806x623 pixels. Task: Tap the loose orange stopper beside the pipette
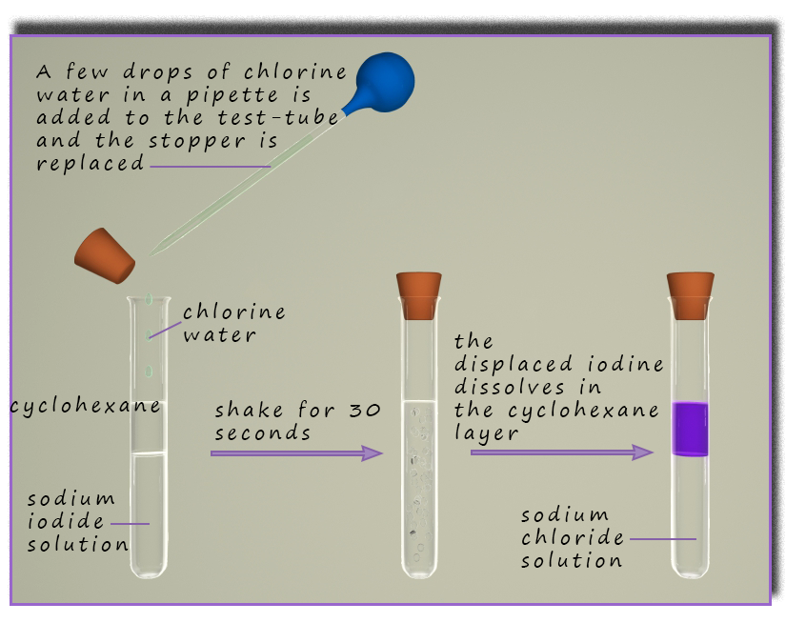point(106,255)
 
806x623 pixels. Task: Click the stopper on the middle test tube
point(419,294)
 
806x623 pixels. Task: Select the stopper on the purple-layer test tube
point(691,294)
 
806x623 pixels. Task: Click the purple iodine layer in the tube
point(691,429)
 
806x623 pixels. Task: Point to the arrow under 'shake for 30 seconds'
point(295,453)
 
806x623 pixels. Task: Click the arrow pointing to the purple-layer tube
point(562,452)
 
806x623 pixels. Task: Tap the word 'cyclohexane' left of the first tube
point(86,407)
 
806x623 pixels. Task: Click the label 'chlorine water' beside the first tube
point(233,323)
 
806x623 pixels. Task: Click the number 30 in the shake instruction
point(367,411)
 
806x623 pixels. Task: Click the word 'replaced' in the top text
point(91,163)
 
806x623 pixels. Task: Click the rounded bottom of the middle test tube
point(420,569)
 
